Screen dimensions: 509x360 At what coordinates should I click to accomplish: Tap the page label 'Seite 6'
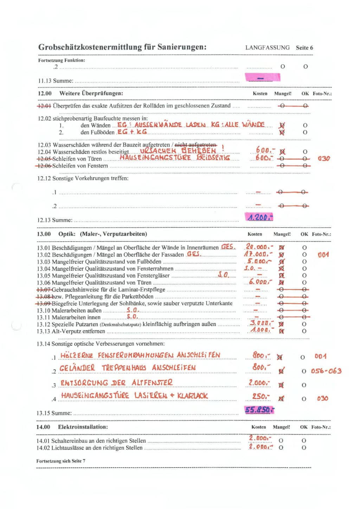click(x=304, y=48)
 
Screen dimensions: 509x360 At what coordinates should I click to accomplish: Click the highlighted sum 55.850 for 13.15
click(x=259, y=409)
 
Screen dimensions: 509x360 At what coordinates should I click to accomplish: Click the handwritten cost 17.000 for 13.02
click(x=258, y=254)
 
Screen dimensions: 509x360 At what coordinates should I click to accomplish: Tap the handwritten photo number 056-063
click(x=326, y=371)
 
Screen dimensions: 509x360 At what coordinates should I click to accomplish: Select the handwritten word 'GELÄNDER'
click(x=77, y=368)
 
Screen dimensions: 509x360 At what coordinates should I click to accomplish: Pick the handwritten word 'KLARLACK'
click(x=192, y=396)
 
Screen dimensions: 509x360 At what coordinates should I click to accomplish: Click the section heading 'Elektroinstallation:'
click(x=83, y=427)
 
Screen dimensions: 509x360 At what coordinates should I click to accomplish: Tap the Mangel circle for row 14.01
click(x=281, y=440)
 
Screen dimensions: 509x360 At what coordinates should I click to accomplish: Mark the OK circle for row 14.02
click(x=304, y=448)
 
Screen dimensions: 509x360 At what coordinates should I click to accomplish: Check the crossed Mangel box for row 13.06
click(x=282, y=282)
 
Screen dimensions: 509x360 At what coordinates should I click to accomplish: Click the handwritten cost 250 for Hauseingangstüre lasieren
click(x=261, y=396)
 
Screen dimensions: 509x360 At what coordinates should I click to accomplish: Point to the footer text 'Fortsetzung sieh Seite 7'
click(x=60, y=461)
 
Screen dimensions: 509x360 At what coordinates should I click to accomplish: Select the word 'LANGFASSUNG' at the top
click(x=267, y=48)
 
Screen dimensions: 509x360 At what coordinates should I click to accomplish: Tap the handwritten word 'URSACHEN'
click(x=158, y=151)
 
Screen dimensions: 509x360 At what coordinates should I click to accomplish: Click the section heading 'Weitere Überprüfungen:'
click(x=91, y=94)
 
